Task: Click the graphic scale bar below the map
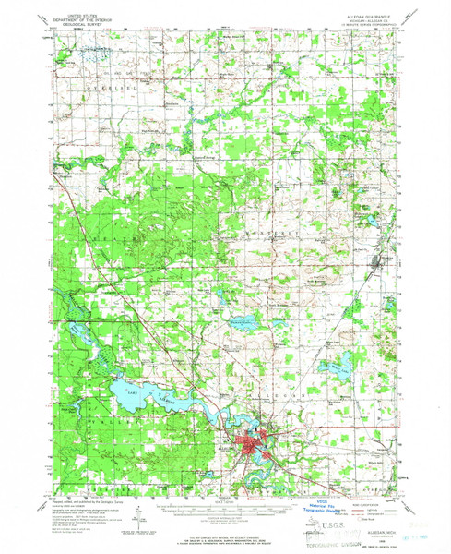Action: pyautogui.click(x=226, y=506)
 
